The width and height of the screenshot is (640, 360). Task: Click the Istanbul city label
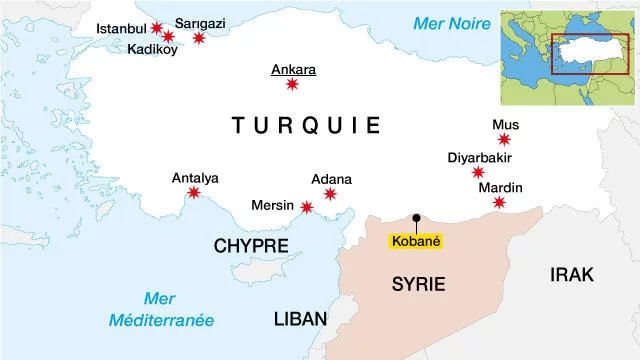121,28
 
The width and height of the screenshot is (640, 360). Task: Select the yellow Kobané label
415,241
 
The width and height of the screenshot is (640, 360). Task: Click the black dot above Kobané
415,217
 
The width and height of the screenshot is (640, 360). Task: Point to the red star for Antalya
194,193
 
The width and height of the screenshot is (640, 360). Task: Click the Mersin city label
273,206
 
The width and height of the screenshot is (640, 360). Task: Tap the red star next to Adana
331,194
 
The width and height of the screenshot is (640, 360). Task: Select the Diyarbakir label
479,157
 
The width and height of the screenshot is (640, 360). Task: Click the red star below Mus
505,140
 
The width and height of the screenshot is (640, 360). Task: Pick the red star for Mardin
499,204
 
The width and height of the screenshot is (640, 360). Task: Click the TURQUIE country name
306,126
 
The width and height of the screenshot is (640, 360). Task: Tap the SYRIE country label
417,285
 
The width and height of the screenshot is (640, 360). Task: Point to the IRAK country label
571,275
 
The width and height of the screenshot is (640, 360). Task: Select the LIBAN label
300,319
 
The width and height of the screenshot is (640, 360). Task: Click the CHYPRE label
251,246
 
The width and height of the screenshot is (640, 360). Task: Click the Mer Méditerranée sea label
166,309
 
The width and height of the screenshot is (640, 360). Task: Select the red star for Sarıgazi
199,38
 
